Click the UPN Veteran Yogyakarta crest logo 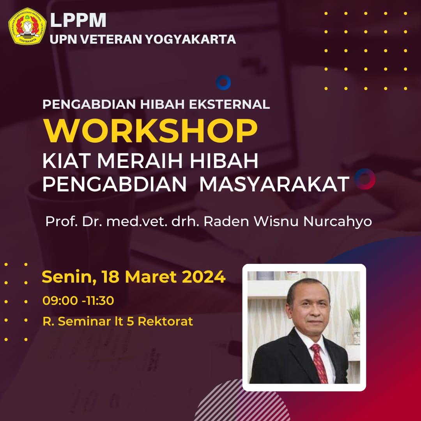pos(27,26)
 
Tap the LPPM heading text pos(78,20)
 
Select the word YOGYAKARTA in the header pos(190,39)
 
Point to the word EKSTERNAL pos(229,104)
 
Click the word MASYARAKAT pos(274,184)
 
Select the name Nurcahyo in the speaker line pos(338,222)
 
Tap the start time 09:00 pos(60,301)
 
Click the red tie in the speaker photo pos(319,363)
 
